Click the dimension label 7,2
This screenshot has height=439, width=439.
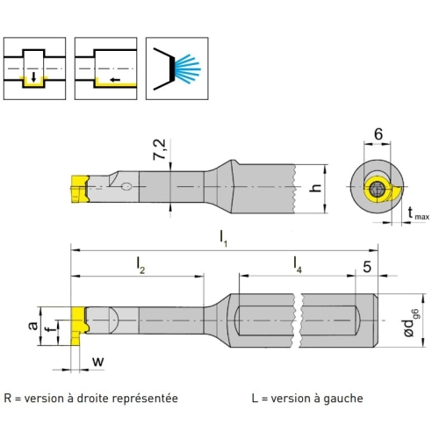(160, 149)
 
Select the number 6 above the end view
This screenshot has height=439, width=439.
(378, 134)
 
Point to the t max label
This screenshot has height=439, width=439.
(418, 213)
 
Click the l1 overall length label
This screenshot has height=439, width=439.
(223, 239)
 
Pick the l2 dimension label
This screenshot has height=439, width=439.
(140, 266)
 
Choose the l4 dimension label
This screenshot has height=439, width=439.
(298, 265)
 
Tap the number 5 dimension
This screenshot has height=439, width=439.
(367, 267)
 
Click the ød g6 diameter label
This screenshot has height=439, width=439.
(413, 323)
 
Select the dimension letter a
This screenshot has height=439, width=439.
(32, 325)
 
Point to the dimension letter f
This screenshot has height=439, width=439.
(51, 330)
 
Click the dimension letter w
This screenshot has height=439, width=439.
(98, 362)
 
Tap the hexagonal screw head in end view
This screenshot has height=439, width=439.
(377, 190)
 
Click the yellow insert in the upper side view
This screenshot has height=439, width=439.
(80, 189)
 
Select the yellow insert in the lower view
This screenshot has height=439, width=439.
(79, 326)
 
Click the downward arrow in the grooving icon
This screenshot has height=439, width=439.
(34, 77)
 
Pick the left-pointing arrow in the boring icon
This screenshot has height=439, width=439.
(115, 80)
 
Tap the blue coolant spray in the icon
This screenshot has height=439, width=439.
(187, 69)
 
